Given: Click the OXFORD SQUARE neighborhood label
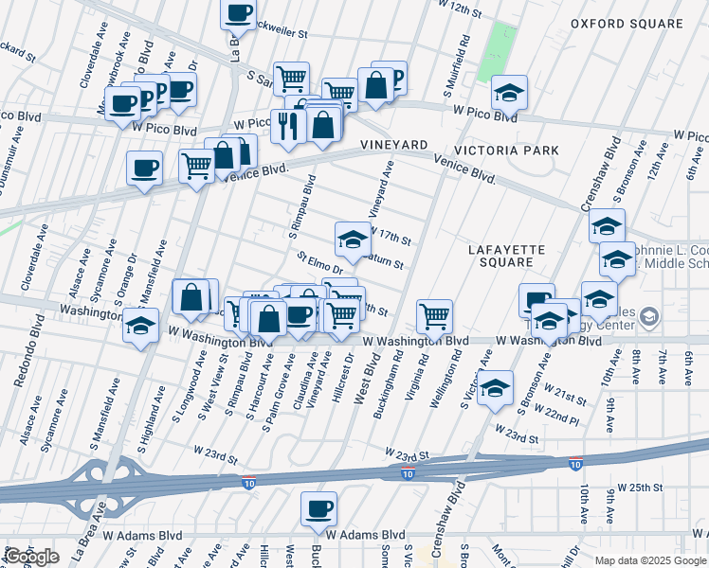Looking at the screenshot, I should (627, 24).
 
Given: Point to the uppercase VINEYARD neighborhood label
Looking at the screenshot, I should (393, 145).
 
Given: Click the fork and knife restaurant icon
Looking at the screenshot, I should (287, 124).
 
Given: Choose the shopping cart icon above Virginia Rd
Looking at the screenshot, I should (434, 315).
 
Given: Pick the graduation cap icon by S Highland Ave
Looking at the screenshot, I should (140, 327).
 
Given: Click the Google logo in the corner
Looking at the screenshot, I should (31, 557).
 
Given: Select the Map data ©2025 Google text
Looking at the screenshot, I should (650, 560).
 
